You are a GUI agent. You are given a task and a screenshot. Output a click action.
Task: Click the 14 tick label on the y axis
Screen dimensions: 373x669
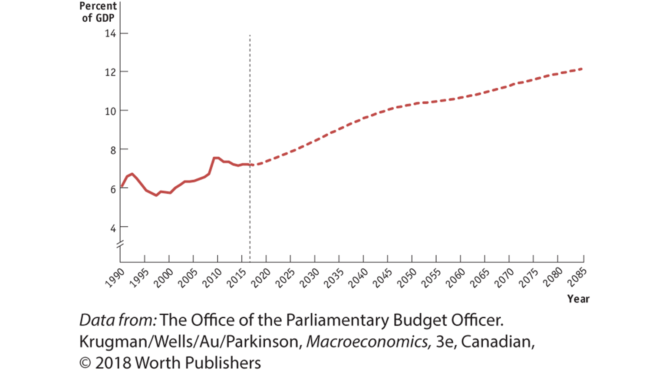tap(110, 33)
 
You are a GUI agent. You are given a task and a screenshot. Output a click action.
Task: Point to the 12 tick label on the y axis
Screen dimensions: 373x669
tap(110, 72)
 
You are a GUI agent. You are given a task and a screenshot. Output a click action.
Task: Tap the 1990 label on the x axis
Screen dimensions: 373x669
tap(115, 278)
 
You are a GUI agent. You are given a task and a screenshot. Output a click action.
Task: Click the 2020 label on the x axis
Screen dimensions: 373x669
tap(261, 278)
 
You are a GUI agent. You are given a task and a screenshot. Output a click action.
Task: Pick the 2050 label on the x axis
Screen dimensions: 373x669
tap(407, 278)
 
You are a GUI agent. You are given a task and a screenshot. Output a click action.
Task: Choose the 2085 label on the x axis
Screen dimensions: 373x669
tap(577, 278)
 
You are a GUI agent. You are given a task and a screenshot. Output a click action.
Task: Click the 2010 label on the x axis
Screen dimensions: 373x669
tap(212, 278)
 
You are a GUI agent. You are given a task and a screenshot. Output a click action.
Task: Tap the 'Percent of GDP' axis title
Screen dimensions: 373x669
tap(98, 12)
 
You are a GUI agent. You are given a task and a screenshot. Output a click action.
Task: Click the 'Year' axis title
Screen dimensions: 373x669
tap(578, 299)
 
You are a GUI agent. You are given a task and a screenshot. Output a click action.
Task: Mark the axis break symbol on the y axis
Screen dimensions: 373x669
tap(120, 244)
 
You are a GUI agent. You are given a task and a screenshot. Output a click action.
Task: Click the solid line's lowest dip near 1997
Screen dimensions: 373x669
tap(156, 195)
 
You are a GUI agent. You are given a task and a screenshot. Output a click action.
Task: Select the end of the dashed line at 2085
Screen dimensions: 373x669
tap(582, 69)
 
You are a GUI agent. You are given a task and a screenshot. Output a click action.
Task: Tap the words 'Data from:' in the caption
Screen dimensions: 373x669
tap(118, 320)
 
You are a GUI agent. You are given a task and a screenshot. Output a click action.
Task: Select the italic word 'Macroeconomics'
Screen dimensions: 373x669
tap(367, 342)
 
